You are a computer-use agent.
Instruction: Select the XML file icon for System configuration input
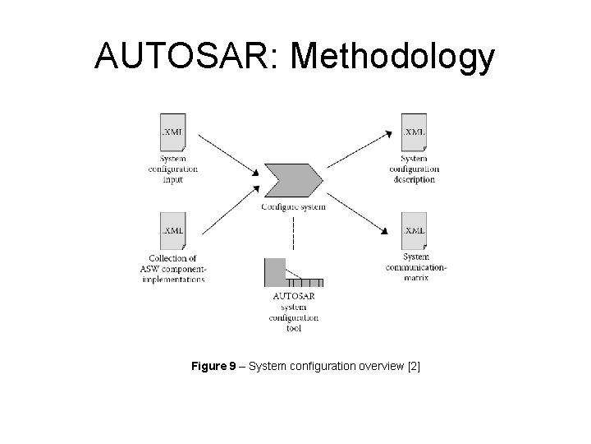172,132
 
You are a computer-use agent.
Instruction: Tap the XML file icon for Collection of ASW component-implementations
172,231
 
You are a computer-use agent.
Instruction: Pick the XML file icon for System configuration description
414,132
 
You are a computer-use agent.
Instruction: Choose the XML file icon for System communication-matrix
414,231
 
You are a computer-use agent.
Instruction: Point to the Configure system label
293,206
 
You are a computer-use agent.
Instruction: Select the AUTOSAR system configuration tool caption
294,311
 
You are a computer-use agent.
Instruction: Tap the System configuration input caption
172,169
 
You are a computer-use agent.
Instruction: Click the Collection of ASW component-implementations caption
172,268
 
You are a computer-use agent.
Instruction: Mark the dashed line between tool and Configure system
293,233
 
